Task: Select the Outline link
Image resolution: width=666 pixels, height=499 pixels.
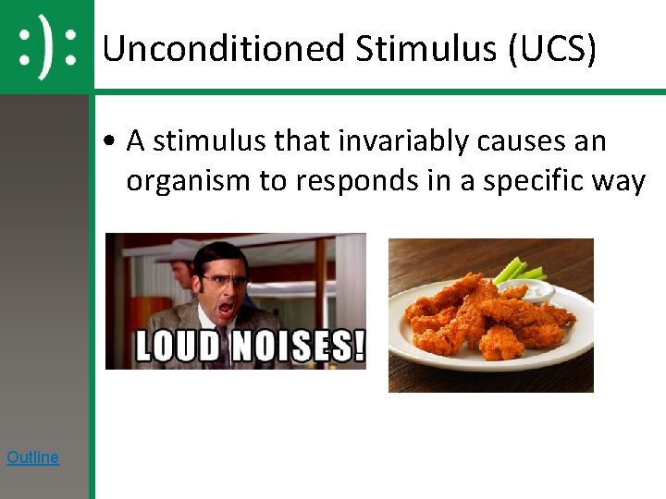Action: pos(32,456)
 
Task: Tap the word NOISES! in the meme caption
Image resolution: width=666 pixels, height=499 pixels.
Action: pos(296,347)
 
